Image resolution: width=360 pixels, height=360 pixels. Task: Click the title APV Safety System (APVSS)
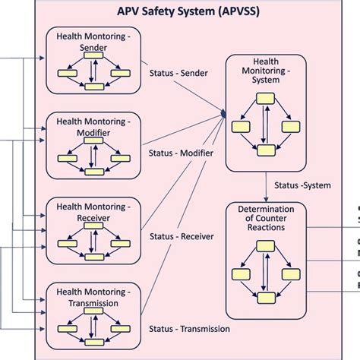187,11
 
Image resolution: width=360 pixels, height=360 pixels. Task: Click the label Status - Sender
179,73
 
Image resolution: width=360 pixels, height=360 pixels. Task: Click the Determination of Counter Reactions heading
265,219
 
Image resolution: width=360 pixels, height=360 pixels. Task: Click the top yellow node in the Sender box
93,59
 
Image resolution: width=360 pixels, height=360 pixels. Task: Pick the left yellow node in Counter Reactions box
242,272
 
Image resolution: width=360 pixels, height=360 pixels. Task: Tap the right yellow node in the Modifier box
118,159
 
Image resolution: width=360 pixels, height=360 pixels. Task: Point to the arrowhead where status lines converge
224,114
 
